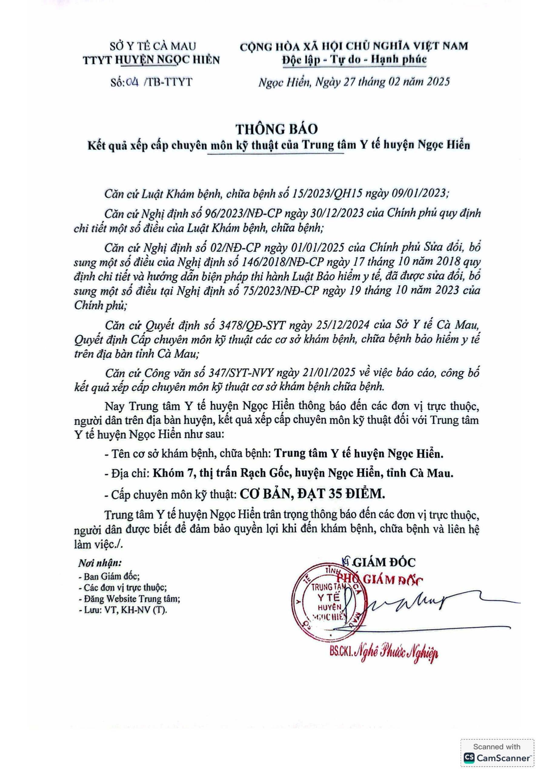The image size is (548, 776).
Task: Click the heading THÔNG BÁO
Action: tap(276, 129)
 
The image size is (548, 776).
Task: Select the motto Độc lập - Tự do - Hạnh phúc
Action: tap(354, 59)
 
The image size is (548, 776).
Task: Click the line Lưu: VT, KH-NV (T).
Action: tap(123, 610)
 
